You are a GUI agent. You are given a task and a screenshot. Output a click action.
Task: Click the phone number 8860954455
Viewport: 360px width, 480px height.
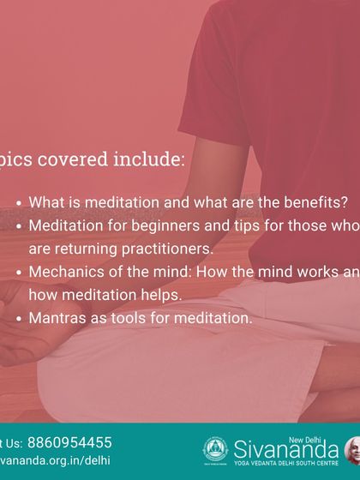69,443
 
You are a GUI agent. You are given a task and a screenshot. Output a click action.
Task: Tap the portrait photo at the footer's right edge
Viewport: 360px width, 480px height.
352,450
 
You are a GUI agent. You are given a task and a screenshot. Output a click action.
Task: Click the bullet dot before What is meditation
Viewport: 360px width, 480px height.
20,204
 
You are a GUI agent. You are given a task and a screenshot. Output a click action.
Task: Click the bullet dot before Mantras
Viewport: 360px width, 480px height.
20,318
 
